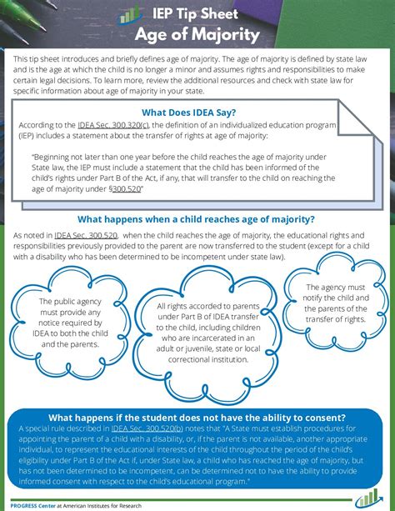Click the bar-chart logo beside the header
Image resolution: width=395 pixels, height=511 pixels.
click(131, 14)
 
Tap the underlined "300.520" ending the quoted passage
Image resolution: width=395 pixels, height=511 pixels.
click(122, 189)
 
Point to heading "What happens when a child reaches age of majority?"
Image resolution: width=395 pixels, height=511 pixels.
click(196, 219)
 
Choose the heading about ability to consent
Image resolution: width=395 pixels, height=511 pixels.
click(197, 418)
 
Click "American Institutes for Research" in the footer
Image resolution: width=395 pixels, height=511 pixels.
click(117, 503)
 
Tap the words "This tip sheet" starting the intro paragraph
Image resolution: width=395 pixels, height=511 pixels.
click(34, 59)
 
